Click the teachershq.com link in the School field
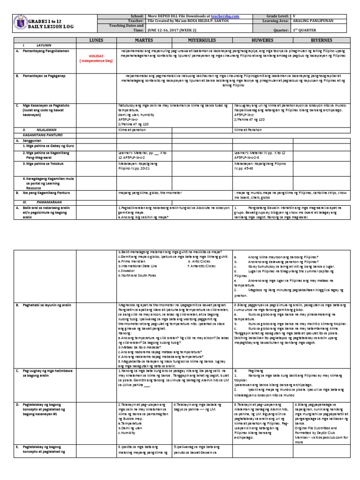coord(225,16)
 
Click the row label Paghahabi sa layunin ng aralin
coord(45,305)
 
